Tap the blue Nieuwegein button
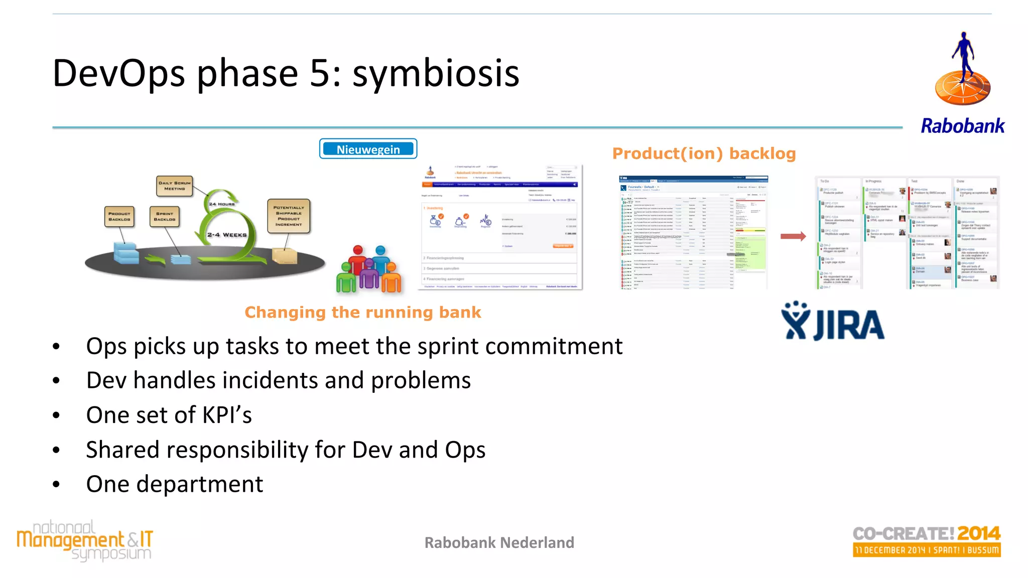pyautogui.click(x=368, y=149)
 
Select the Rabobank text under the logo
pyautogui.click(x=962, y=126)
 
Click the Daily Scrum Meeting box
pyautogui.click(x=174, y=186)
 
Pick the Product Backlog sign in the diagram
pyautogui.click(x=119, y=216)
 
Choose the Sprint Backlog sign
pyautogui.click(x=164, y=216)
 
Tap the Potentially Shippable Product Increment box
pyautogui.click(x=289, y=216)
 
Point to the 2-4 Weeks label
pyautogui.click(x=227, y=235)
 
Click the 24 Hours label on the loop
pyautogui.click(x=221, y=204)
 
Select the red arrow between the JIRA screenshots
pyautogui.click(x=793, y=236)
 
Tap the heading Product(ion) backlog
pyautogui.click(x=704, y=154)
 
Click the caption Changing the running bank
pyautogui.click(x=362, y=313)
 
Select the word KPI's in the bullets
pyautogui.click(x=227, y=415)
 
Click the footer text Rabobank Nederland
pyautogui.click(x=499, y=543)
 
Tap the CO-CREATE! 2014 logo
pyautogui.click(x=926, y=541)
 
